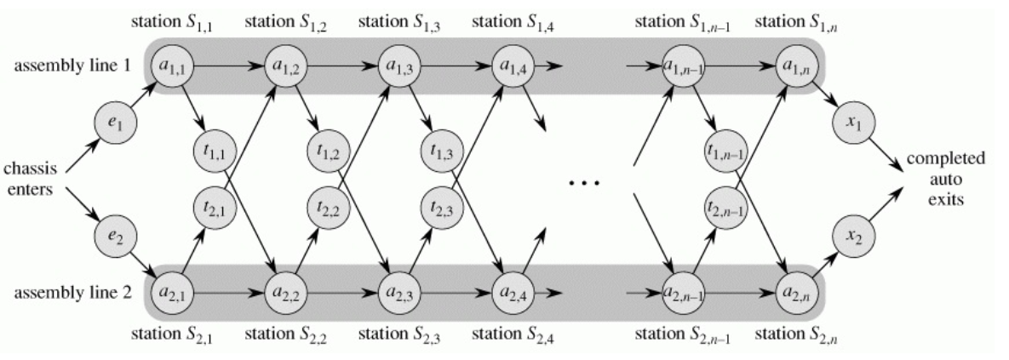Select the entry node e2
[113, 235]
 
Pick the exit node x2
[852, 235]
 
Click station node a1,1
[170, 65]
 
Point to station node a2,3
[397, 293]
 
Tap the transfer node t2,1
[214, 207]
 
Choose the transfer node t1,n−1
[725, 151]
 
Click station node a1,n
[795, 65]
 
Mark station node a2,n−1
[681, 293]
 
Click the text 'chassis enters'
[31, 180]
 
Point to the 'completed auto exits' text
[946, 179]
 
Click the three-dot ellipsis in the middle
[584, 183]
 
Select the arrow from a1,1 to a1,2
[227, 65]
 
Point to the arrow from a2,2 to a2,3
[340, 293]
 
